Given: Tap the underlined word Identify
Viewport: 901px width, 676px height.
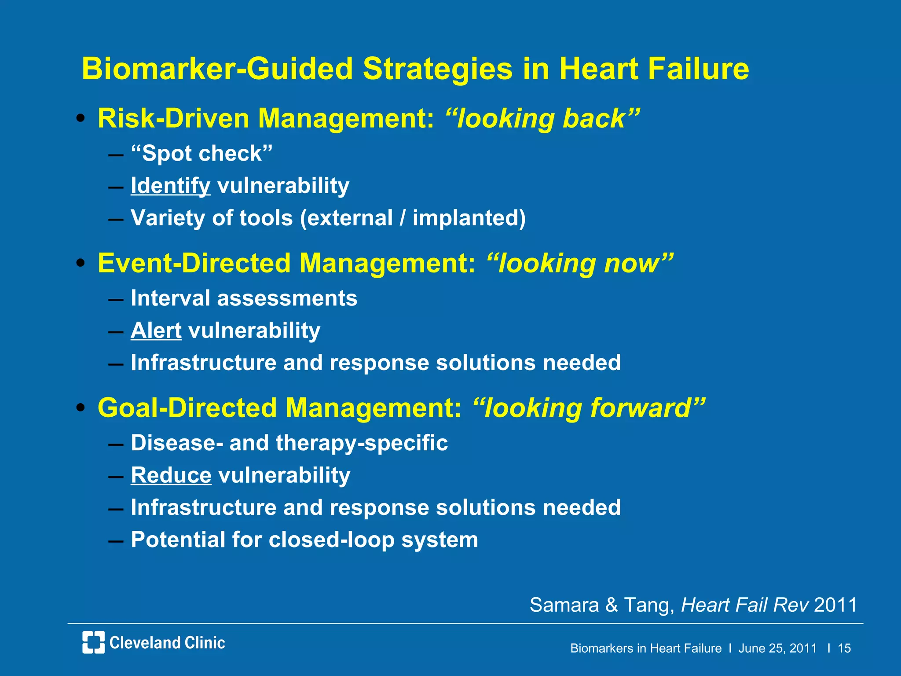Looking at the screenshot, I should (x=170, y=186).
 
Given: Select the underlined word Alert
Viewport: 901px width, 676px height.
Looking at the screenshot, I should (x=156, y=331).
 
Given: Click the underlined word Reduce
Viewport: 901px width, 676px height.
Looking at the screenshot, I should (x=171, y=475).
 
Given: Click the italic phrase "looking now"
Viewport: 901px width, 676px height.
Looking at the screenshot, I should (x=580, y=263).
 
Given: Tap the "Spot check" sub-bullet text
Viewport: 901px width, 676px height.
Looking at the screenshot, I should (x=201, y=154).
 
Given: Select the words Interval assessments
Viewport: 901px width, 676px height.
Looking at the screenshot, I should (x=244, y=298).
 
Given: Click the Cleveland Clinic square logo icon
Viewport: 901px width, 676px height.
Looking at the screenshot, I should (x=93, y=642).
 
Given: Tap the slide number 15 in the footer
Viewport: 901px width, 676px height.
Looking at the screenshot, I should (x=844, y=648).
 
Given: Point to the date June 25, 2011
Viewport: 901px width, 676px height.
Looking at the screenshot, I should (x=777, y=648).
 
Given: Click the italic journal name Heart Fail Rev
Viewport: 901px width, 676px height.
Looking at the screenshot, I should (x=744, y=605).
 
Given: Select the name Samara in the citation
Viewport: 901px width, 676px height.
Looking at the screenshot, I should (x=564, y=605).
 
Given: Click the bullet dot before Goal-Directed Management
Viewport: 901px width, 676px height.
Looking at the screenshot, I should (x=81, y=408).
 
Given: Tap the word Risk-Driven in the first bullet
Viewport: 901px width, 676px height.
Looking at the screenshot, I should (x=174, y=118).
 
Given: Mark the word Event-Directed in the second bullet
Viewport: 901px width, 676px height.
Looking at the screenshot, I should (x=194, y=263).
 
